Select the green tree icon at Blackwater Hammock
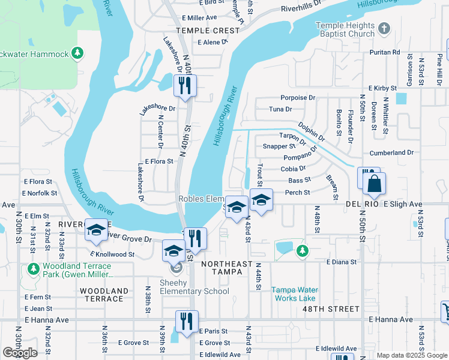click(77, 54)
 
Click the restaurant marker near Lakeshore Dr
click(185, 85)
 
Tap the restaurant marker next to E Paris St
click(186, 321)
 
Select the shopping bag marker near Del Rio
click(374, 185)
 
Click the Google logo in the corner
click(20, 353)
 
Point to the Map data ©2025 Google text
click(411, 355)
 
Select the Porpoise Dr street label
click(298, 97)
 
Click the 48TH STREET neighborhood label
click(332, 309)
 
